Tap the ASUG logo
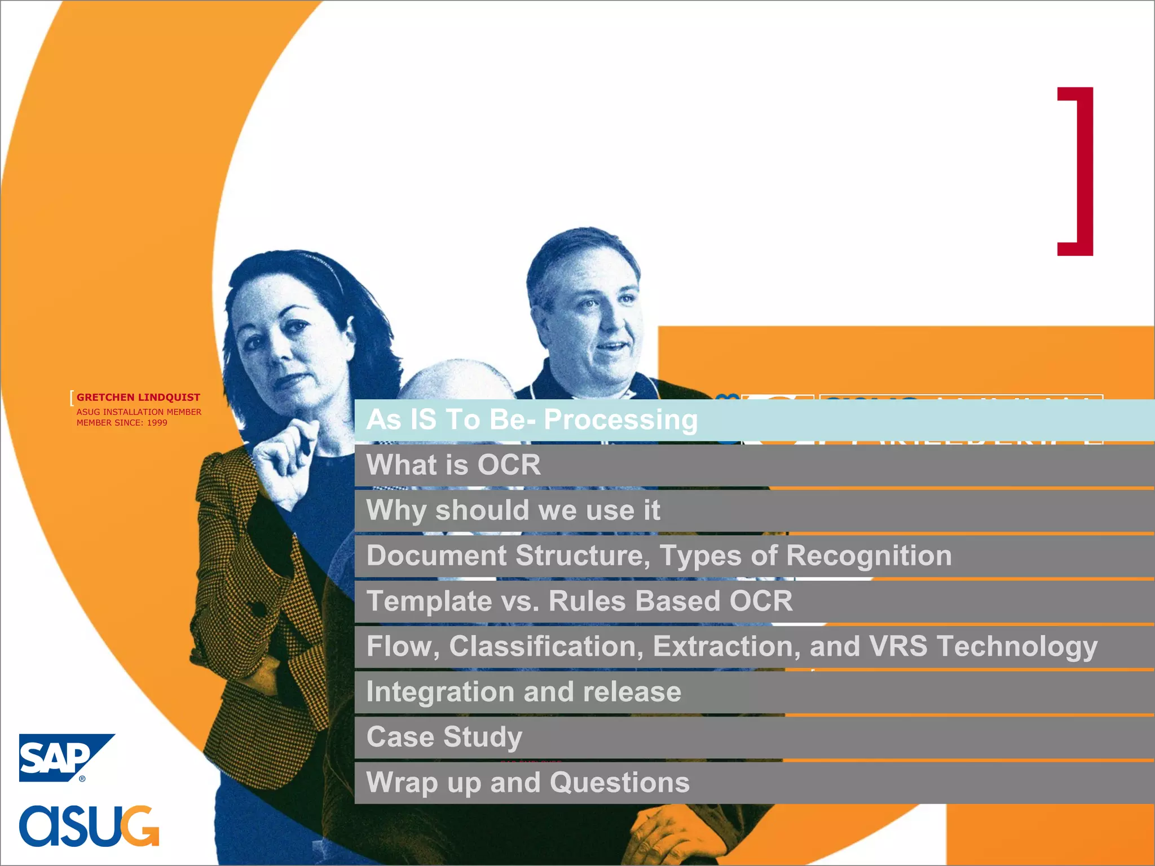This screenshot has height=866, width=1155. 89,825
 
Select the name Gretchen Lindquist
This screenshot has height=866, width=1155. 138,397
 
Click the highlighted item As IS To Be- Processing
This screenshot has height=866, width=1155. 532,420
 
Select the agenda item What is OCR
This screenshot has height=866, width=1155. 453,465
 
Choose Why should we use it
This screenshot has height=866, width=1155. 513,510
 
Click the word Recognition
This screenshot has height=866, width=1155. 869,555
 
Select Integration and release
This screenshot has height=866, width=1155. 523,692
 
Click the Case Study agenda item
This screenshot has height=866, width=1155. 444,737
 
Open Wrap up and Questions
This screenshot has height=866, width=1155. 528,783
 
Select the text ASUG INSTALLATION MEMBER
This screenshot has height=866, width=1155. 139,412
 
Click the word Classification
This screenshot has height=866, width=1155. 546,646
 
